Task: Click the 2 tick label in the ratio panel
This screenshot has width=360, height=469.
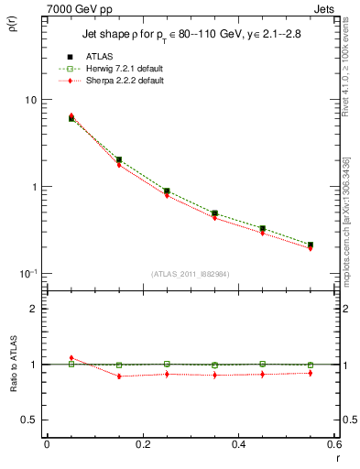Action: tap(32, 309)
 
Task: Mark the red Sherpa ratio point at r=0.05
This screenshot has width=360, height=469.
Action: tap(71, 358)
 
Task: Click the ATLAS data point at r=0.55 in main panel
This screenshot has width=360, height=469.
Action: tap(311, 245)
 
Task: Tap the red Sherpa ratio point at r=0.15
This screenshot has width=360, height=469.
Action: tap(119, 376)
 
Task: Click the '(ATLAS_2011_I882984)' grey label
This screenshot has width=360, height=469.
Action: tap(190, 274)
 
